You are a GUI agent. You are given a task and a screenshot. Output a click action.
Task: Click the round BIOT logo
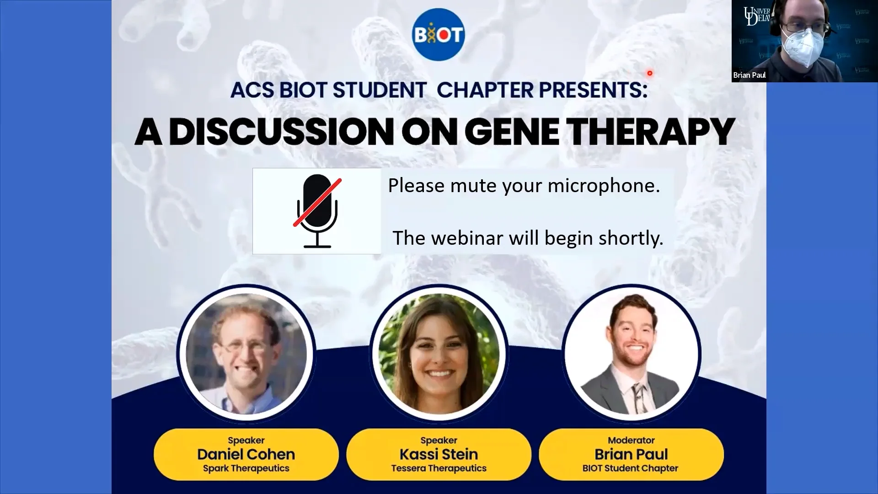(439, 35)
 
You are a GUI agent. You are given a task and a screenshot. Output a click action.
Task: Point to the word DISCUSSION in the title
(281, 132)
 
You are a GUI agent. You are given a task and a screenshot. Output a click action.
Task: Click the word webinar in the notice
(467, 238)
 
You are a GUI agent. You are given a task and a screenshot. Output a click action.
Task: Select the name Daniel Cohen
(246, 454)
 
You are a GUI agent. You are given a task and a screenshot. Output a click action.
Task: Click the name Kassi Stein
(439, 454)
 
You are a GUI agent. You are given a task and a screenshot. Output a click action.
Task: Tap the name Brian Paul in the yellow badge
(631, 454)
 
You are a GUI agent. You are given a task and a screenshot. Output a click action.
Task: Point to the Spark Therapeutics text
(246, 468)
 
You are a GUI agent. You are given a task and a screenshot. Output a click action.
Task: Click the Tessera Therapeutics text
(439, 468)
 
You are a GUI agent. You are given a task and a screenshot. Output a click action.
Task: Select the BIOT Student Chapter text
(630, 468)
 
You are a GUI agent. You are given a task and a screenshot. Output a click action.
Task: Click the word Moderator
(631, 440)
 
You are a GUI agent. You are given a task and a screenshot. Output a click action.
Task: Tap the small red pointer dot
(649, 73)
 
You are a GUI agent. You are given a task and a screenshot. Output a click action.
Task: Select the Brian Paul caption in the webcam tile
(749, 75)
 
